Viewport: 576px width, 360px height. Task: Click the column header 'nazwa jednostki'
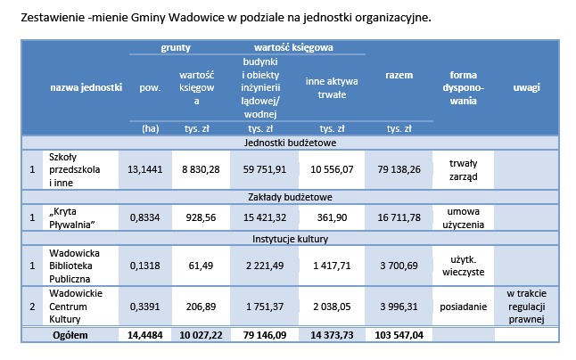pyautogui.click(x=86, y=88)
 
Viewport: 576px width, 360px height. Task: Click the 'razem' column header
pyautogui.click(x=398, y=77)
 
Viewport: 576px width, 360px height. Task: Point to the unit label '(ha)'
pyautogui.click(x=150, y=128)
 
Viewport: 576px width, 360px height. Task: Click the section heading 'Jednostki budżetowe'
pyautogui.click(x=290, y=142)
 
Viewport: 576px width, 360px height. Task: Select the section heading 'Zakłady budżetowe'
pyautogui.click(x=290, y=196)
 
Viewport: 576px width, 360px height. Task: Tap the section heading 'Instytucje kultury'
pyautogui.click(x=290, y=239)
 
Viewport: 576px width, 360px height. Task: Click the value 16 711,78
pyautogui.click(x=398, y=217)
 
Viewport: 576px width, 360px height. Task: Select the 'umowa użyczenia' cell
pyautogui.click(x=461, y=217)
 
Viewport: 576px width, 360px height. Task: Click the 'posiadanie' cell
pyautogui.click(x=461, y=306)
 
